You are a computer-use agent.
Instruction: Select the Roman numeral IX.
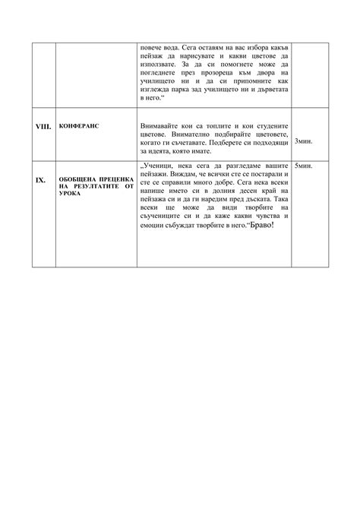click(x=43, y=181)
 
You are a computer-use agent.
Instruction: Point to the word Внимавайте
click(x=159, y=124)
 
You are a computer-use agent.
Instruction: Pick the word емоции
click(x=155, y=228)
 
